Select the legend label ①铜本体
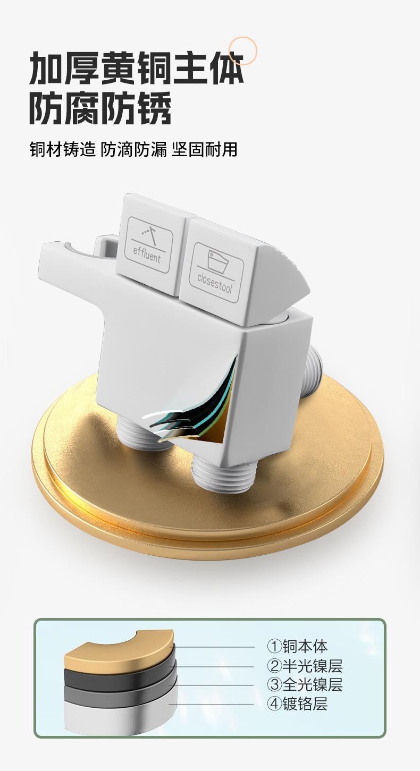pos(297,646)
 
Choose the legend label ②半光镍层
pos(305,665)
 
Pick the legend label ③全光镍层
pos(305,684)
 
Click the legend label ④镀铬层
pos(297,704)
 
